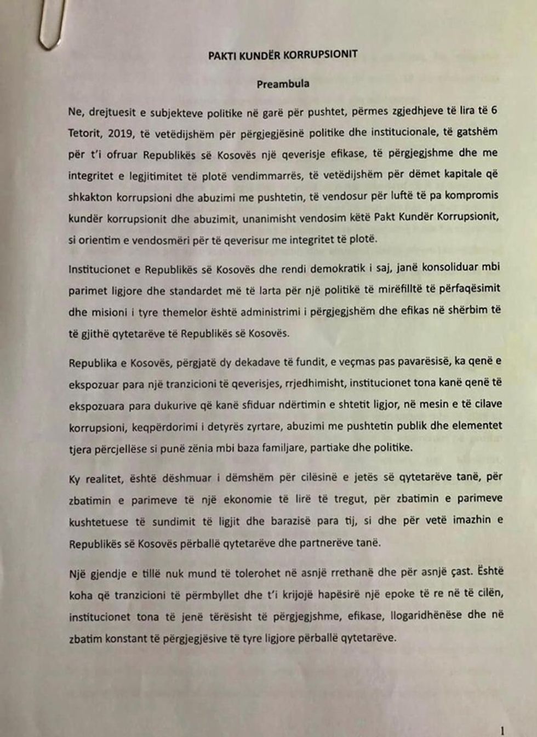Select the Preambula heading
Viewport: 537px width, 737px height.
(283, 84)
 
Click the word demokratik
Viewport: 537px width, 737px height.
(338, 269)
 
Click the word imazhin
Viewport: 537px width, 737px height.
(472, 519)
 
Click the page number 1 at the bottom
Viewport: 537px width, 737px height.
(502, 730)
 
